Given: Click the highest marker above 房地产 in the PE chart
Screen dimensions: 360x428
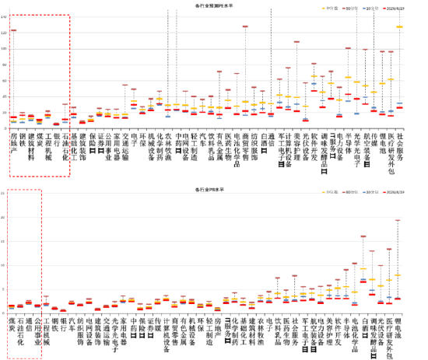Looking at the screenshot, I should (x=12, y=30).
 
